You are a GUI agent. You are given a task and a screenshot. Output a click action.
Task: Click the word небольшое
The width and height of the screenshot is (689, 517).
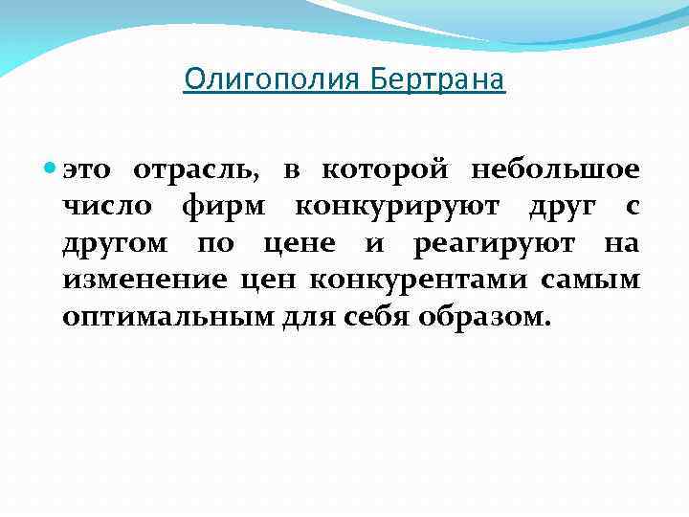(554, 170)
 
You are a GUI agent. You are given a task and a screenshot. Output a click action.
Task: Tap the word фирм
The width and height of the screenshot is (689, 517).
(237, 207)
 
